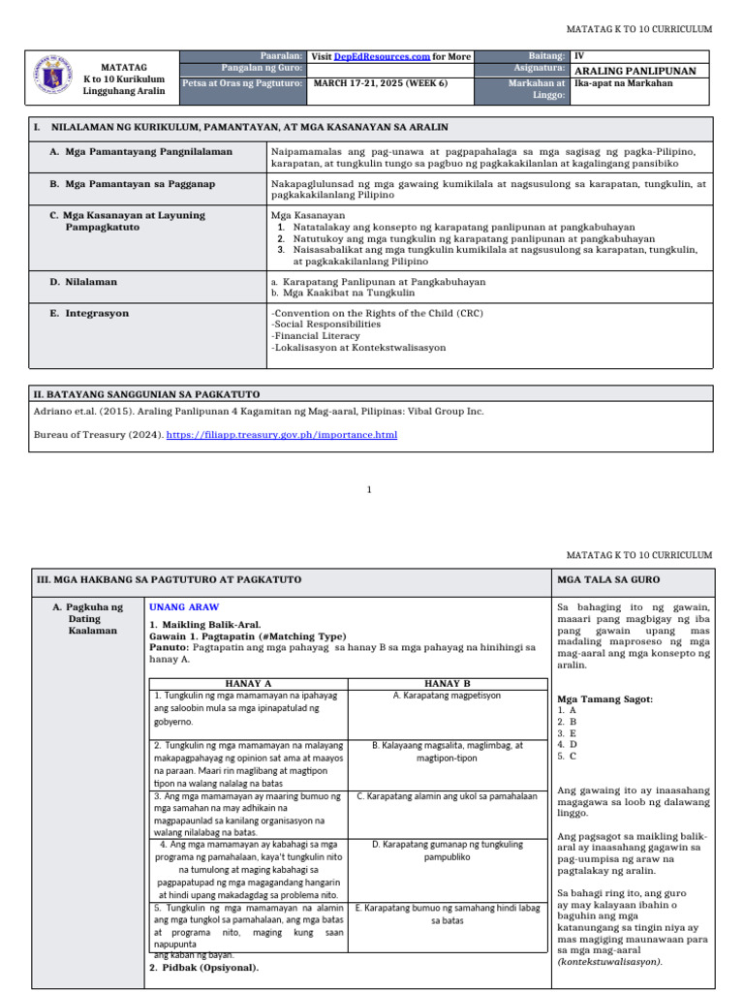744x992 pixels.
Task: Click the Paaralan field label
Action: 281,57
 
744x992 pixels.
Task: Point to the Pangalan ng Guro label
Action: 263,70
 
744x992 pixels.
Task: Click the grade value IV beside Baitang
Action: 579,57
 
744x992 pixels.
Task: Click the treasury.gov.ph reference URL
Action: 282,435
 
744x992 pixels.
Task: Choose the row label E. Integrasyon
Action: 89,314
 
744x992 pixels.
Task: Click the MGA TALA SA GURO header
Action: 607,578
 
